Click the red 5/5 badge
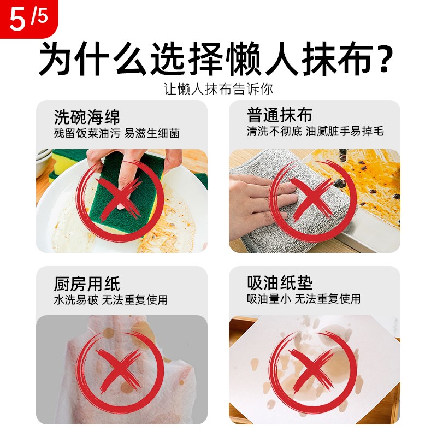tap(25, 17)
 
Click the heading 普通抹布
tap(280, 116)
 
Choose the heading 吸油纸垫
tap(280, 283)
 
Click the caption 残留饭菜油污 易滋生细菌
tap(116, 133)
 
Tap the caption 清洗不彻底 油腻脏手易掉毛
tap(315, 132)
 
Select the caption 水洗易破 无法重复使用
tap(110, 300)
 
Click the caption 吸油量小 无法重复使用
tap(304, 299)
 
